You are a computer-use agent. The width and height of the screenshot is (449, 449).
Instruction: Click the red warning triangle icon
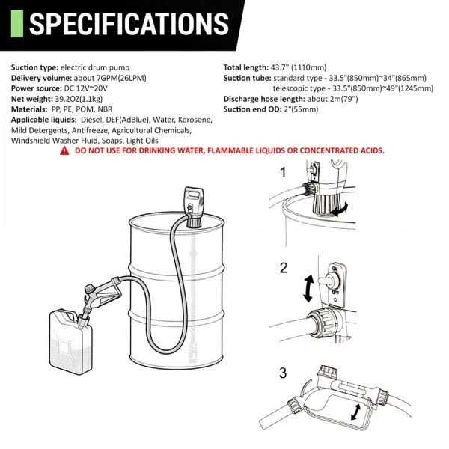(65, 150)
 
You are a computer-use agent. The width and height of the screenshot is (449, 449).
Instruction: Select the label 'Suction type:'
(35, 66)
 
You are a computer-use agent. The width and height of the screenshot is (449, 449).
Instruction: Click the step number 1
(283, 172)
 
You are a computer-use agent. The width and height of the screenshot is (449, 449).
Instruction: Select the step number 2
(284, 267)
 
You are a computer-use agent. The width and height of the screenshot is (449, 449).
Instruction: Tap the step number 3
(283, 372)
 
